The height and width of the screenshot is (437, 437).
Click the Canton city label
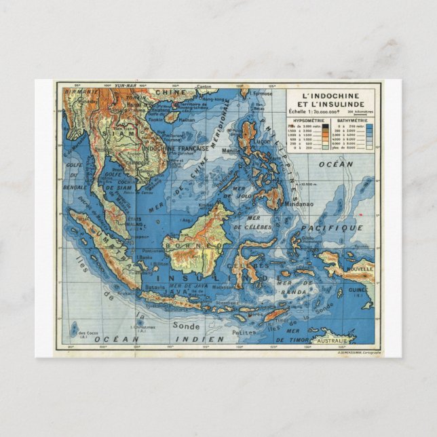[x=204, y=86]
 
